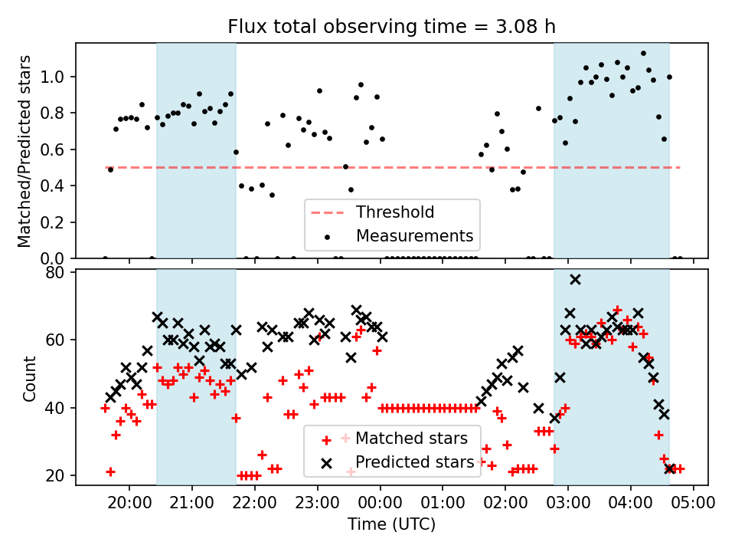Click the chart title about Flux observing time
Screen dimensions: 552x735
point(391,26)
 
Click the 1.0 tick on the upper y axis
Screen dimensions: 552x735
point(59,77)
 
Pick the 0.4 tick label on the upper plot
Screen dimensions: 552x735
point(59,186)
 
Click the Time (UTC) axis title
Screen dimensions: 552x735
point(391,525)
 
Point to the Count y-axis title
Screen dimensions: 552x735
point(30,378)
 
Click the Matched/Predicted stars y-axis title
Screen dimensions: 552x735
point(24,150)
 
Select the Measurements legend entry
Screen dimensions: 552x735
point(414,235)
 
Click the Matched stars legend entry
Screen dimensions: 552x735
point(411,439)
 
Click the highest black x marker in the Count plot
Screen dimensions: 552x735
point(575,279)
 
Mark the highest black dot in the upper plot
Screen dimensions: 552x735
point(643,54)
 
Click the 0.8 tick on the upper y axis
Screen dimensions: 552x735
point(59,113)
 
